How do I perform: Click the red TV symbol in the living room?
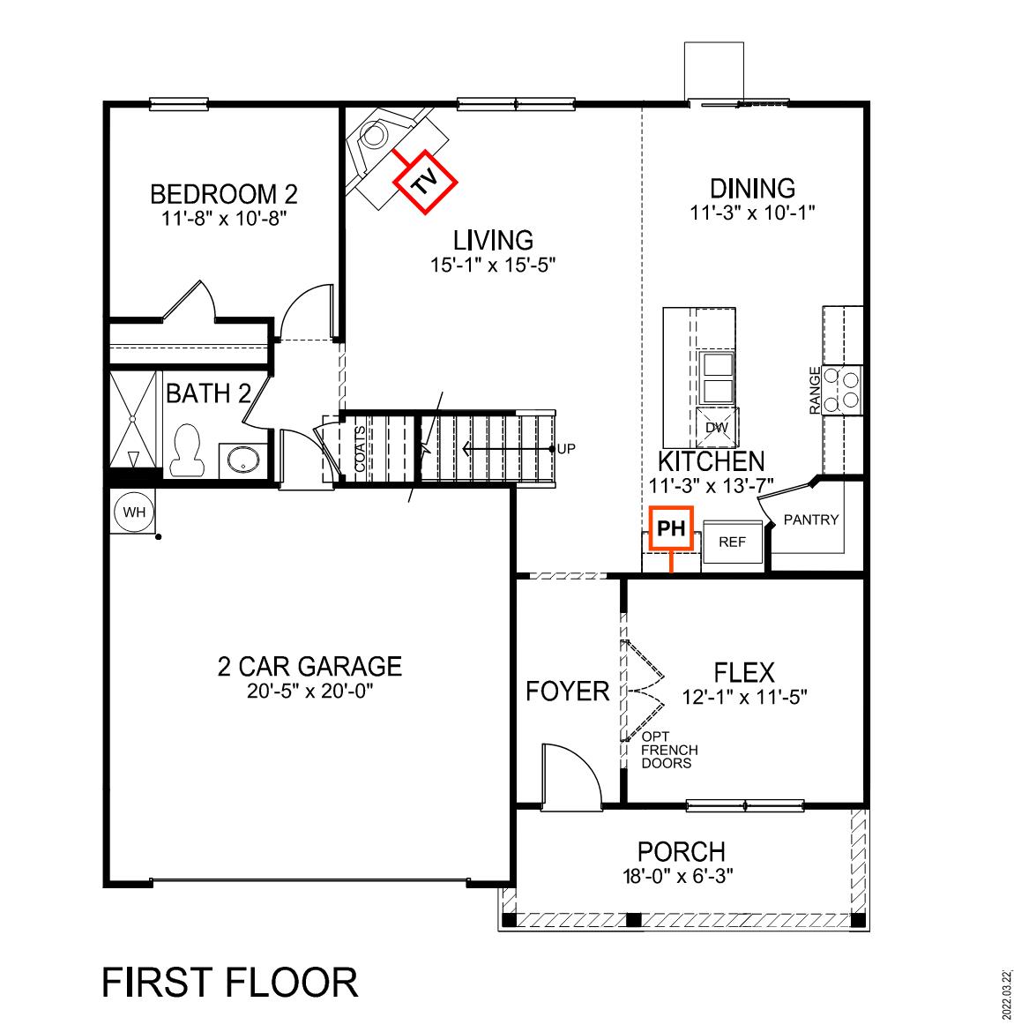426,181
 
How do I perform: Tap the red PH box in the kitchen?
671,528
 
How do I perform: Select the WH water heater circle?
133,512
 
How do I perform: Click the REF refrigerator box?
732,542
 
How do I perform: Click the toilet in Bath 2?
185,451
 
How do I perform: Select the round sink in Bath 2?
241,460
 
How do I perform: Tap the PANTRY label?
811,520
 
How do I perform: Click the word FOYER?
567,692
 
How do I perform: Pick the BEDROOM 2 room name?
223,193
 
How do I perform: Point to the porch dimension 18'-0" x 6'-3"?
681,876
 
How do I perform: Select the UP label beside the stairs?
566,449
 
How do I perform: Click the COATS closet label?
360,449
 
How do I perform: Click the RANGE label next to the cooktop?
815,390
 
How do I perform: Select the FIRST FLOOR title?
230,982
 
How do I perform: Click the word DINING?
752,189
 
